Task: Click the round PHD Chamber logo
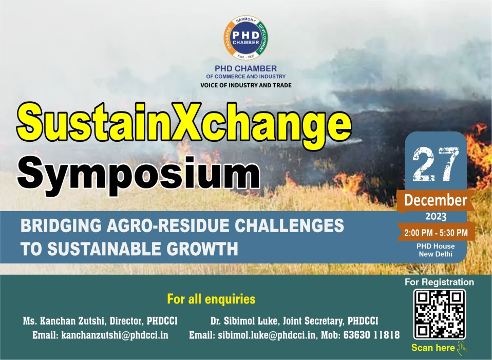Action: coord(245,37)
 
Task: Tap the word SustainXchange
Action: coord(184,122)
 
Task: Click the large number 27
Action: coord(436,164)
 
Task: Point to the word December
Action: coord(436,200)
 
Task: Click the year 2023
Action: coord(436,217)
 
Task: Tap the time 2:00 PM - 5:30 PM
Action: coord(436,233)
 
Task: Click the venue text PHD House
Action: coord(436,247)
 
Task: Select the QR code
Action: coord(439,314)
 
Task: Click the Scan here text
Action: coord(433,348)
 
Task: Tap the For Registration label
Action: coord(439,282)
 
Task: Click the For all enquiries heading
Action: coord(211,299)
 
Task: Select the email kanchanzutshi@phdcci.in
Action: coord(115,335)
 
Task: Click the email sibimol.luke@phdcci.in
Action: coord(267,335)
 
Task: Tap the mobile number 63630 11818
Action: coord(371,335)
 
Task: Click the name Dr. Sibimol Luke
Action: coord(245,321)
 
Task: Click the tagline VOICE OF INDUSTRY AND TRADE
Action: coord(246,85)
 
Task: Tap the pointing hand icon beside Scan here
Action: coord(462,348)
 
